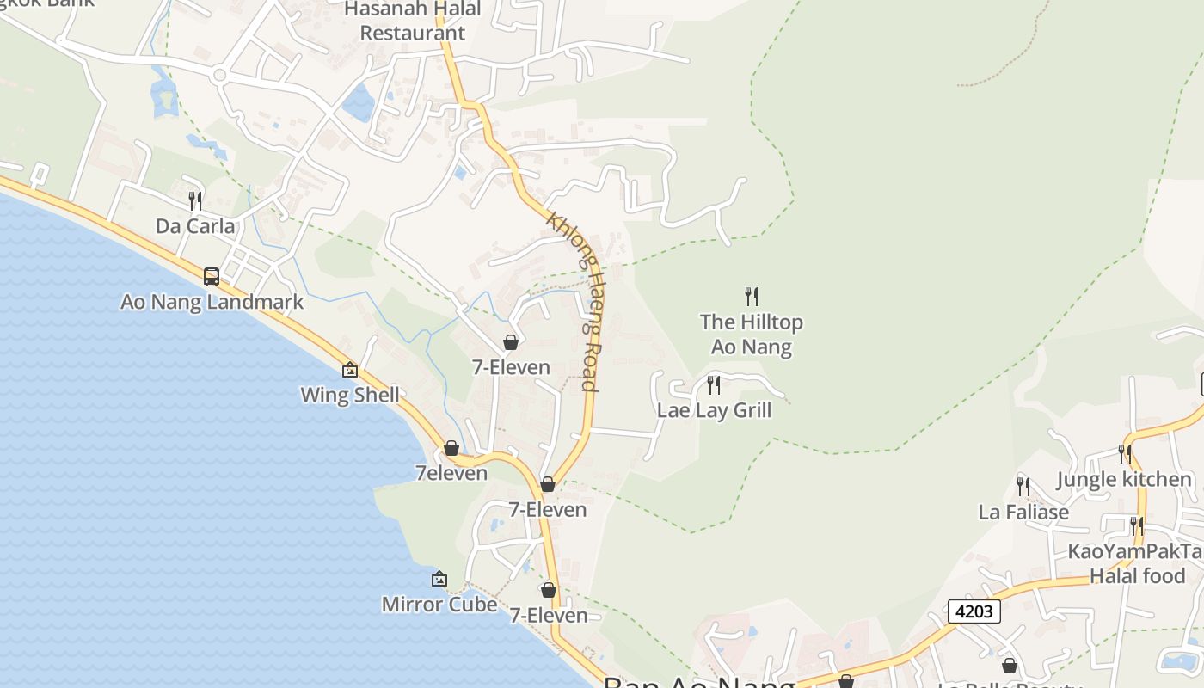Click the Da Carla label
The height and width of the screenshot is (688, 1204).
[195, 226]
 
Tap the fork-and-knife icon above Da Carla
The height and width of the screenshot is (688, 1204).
[195, 201]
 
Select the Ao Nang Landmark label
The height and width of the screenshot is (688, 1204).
[212, 302]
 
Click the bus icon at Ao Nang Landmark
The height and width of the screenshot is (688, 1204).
[212, 277]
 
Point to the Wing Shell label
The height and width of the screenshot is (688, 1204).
[350, 395]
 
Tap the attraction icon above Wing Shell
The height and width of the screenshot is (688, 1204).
[350, 370]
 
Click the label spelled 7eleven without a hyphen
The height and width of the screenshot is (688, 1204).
[451, 473]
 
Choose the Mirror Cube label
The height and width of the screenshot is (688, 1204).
[439, 605]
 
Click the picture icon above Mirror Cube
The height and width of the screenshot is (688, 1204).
[439, 579]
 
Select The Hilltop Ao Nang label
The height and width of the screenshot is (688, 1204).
[752, 335]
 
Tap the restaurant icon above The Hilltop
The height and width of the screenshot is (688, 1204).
[752, 297]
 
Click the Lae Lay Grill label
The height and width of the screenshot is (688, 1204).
[714, 410]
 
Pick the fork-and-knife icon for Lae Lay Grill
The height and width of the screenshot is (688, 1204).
[714, 384]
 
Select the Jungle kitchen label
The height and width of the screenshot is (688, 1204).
[1124, 479]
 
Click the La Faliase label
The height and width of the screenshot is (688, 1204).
[1023, 513]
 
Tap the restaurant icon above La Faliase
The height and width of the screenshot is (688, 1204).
[1023, 487]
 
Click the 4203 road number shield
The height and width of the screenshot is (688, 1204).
[974, 611]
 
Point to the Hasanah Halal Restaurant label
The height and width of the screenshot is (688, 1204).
[412, 21]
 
